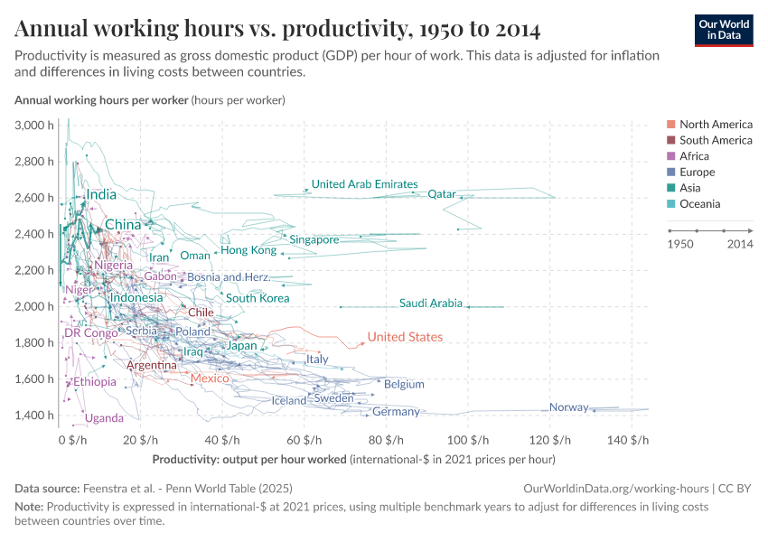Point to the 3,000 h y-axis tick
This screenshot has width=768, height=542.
[34, 126]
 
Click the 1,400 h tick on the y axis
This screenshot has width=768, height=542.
[34, 415]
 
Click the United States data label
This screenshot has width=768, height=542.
[405, 337]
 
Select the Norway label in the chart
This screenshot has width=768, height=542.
[568, 407]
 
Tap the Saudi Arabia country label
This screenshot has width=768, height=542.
[430, 304]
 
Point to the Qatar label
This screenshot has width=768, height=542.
[442, 193]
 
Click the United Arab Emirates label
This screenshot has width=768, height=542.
[364, 184]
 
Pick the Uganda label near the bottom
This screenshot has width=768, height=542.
[104, 418]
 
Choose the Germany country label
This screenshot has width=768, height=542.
[396, 412]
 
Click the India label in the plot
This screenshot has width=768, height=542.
[100, 194]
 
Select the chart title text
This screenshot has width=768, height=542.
[277, 30]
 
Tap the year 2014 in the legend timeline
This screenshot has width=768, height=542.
[739, 244]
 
